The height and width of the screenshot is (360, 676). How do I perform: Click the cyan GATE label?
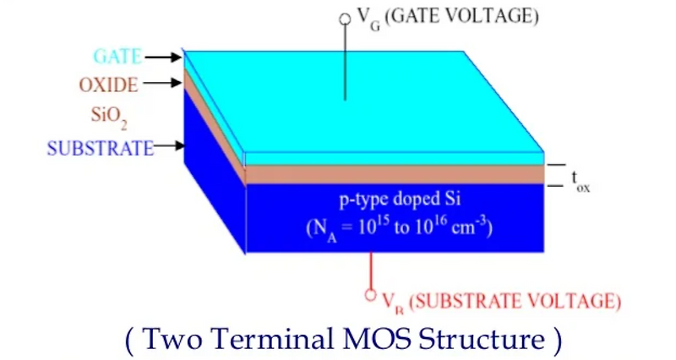117,57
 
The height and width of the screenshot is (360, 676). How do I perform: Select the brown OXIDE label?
108,85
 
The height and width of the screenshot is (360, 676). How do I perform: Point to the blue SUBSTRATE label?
101,147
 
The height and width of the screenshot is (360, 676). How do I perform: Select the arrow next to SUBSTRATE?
169,147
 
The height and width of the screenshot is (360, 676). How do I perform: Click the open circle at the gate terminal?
345,18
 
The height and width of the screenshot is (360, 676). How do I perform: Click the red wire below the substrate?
370,270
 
